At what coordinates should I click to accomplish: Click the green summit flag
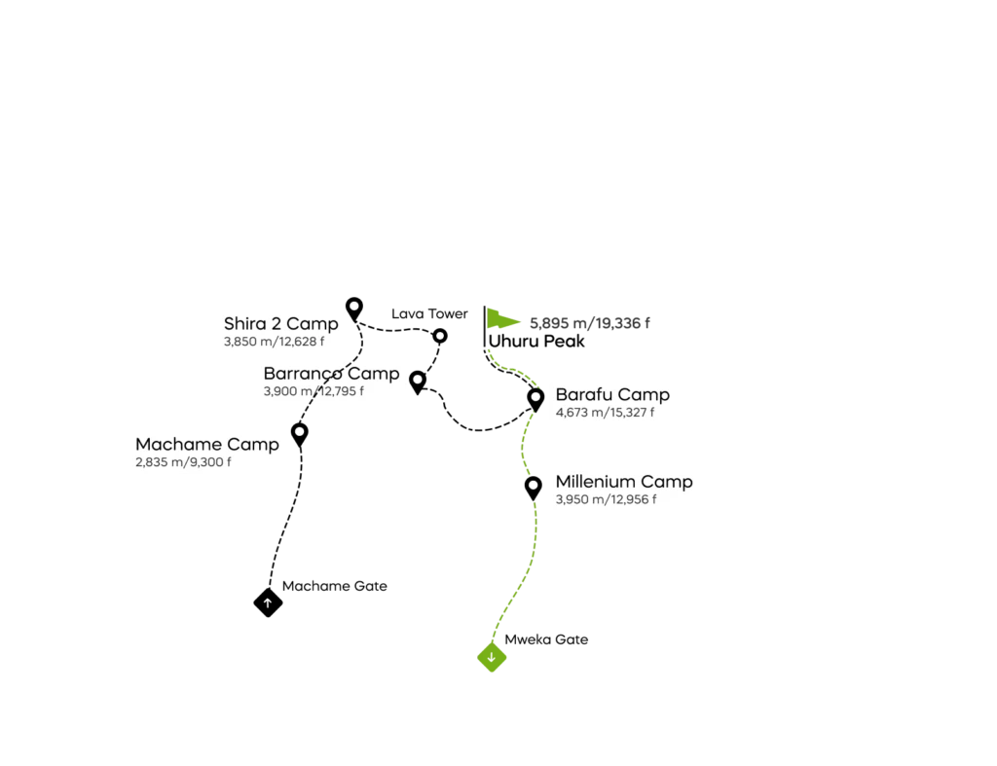tap(502, 318)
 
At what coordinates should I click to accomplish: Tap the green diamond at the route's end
tap(493, 659)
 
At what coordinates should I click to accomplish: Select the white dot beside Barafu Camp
tap(535, 396)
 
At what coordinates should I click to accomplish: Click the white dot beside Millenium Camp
tap(534, 485)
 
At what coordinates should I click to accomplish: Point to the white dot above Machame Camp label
tap(300, 430)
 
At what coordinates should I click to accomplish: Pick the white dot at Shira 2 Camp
tap(354, 306)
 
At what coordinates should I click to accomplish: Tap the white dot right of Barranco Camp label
tap(417, 379)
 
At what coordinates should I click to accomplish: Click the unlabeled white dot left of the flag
tap(440, 336)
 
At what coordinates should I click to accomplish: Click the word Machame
tap(173, 445)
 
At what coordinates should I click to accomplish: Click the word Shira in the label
tap(243, 324)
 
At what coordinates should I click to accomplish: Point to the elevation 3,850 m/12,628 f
tap(274, 342)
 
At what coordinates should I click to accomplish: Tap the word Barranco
tap(303, 374)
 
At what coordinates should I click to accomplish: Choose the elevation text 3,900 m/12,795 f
tap(314, 391)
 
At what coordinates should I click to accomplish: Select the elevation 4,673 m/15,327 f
tap(605, 413)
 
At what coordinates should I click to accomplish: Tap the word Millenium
tap(595, 482)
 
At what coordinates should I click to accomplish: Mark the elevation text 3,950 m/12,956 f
tap(606, 499)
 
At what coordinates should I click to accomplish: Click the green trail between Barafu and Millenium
tap(523, 444)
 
